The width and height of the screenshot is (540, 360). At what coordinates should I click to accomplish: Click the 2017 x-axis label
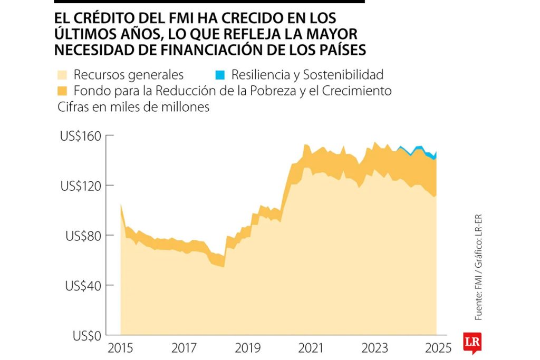coord(184,348)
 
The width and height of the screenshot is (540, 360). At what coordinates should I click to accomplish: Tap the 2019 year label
coord(247,348)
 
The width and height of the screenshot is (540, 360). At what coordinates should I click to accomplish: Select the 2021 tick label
coord(311,348)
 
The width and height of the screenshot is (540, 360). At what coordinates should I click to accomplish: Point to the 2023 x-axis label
coord(374,348)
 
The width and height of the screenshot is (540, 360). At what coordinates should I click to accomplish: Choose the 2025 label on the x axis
coord(437,348)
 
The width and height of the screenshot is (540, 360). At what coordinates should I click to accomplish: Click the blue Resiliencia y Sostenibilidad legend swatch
coord(219,74)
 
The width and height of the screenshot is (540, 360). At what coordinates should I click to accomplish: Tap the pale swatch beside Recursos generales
coord(61,74)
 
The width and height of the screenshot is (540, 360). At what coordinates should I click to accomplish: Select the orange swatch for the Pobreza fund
coord(61,90)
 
